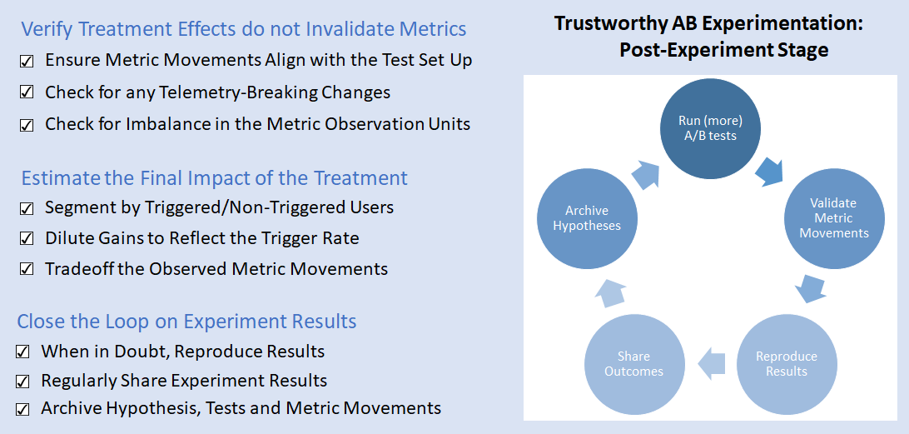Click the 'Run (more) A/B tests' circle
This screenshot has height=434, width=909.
[708, 127]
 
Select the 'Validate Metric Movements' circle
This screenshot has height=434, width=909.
[833, 217]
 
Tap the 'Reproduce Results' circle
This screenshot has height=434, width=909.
[786, 363]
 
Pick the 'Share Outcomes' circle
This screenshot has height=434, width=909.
[633, 363]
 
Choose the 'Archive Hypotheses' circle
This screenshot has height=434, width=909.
[587, 218]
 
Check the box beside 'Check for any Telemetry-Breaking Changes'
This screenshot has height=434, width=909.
[27, 92]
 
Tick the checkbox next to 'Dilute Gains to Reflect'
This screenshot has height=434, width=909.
[27, 238]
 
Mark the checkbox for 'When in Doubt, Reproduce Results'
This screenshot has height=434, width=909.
[23, 352]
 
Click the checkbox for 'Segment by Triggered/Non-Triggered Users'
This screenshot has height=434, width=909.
[27, 207]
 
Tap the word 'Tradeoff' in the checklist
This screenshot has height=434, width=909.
[80, 268]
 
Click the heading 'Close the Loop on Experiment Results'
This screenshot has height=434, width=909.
[186, 322]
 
